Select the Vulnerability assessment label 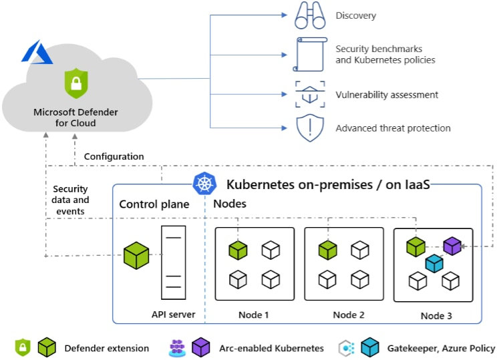[x=387, y=95]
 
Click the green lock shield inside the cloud [x=75, y=83]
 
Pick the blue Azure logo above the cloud [x=37, y=52]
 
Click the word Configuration [x=114, y=156]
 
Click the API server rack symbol [x=173, y=262]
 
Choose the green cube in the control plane [x=136, y=256]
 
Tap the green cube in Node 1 [x=238, y=250]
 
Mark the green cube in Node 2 [x=327, y=250]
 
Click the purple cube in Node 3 [x=452, y=246]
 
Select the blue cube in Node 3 [x=434, y=263]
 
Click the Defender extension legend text [x=107, y=348]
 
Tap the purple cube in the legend [x=201, y=347]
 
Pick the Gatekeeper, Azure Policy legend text [x=441, y=348]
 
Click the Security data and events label [x=70, y=200]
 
